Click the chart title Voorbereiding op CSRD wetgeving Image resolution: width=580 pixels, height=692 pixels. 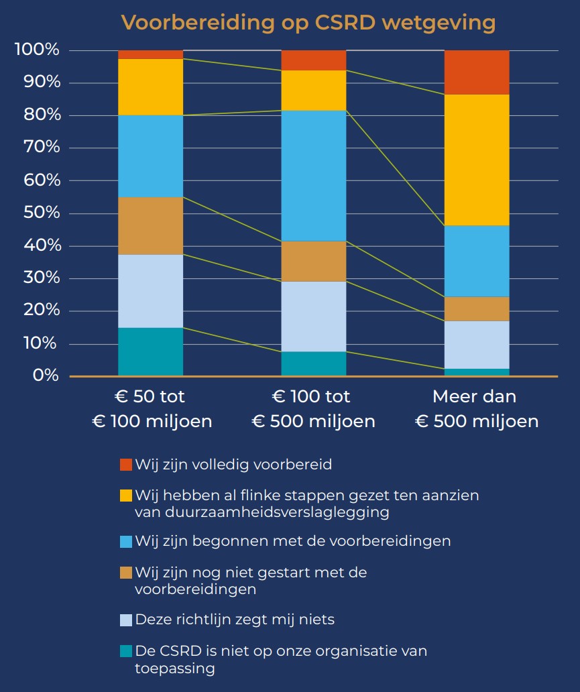308,22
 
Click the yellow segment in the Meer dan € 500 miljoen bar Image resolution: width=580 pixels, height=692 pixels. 477,160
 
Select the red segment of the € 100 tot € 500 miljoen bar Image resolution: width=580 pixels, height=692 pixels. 314,60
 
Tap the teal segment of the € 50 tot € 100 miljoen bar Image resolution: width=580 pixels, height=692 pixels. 151,351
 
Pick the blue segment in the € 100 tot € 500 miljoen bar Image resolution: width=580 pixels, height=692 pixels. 314,176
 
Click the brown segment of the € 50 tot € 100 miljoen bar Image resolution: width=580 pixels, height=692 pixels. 151,225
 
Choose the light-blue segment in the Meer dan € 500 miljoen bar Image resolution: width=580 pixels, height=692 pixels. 477,345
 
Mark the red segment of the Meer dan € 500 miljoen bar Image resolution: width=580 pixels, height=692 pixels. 477,72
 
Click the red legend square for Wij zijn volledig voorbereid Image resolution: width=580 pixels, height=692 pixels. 126,465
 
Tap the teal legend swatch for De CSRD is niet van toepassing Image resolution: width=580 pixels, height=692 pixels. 126,652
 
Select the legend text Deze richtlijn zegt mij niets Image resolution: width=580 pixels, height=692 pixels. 235,620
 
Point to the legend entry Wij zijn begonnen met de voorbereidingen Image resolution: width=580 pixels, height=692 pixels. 292,540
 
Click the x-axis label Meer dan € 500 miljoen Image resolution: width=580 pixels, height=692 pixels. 476,408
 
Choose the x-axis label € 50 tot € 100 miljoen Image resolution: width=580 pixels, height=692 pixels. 152,408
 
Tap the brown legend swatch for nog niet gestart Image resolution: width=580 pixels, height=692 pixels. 126,573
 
